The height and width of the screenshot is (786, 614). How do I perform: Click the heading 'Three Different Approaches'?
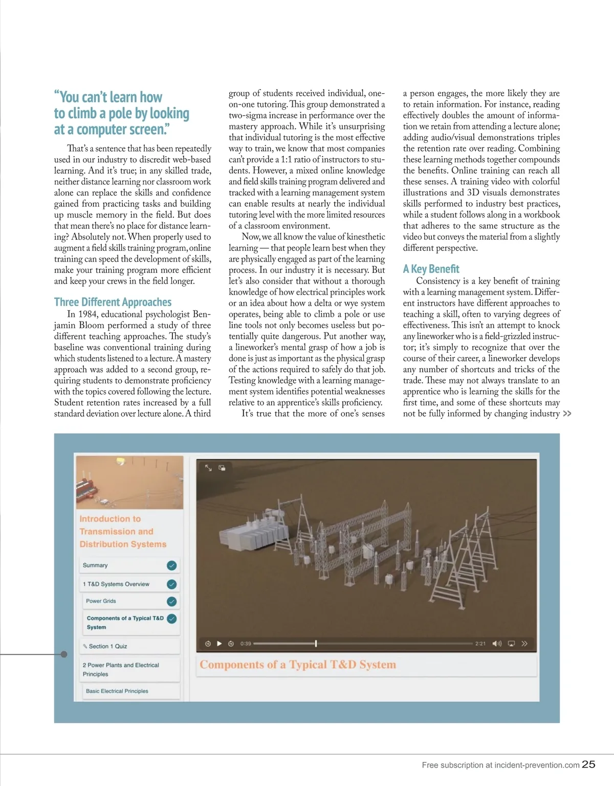tap(113, 302)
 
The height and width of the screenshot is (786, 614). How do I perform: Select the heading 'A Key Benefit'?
tap(431, 269)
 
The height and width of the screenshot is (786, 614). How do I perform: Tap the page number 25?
tap(589, 764)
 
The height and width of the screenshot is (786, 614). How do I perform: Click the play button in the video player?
tap(220, 644)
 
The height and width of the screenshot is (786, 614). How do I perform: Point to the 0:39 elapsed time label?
tap(246, 644)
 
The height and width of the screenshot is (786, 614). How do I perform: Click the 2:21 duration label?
tap(480, 644)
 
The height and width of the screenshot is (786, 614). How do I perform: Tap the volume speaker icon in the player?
tap(496, 644)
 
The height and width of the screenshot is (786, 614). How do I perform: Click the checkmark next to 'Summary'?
tap(172, 565)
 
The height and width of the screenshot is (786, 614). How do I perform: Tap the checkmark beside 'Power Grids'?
tap(172, 601)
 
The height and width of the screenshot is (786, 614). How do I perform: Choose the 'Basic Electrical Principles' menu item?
tap(117, 691)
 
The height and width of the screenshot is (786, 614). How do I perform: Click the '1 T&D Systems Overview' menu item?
tap(116, 584)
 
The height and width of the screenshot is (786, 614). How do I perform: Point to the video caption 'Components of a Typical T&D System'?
tap(298, 665)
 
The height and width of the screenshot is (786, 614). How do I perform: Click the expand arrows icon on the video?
tap(208, 468)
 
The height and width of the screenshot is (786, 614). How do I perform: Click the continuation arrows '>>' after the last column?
tap(567, 414)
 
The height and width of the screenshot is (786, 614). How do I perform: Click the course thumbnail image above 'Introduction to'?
tap(129, 482)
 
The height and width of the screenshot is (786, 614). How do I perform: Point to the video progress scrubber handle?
tap(316, 644)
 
